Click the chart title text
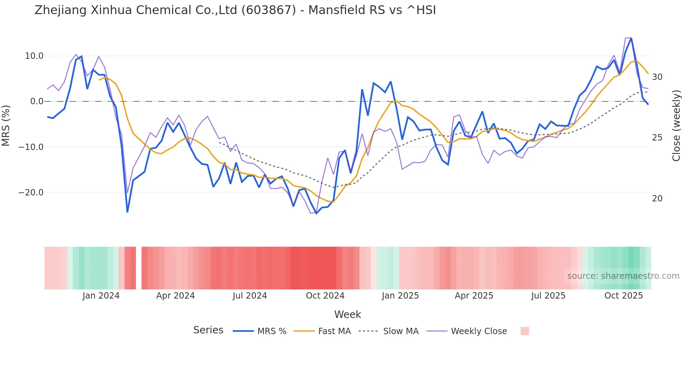coord(235,10)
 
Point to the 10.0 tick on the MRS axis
coord(34,56)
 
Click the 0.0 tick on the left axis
coord(37,101)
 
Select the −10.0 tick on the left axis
coord(31,147)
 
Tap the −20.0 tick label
coord(31,192)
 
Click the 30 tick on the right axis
coord(657,77)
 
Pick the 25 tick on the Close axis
coord(657,138)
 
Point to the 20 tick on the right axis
coord(657,199)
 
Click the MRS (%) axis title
coord(6,125)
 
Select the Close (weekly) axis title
coord(676,125)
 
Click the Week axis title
coord(347,314)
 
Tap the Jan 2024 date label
coord(101,296)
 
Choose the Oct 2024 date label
coord(325,296)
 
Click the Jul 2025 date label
coord(548,296)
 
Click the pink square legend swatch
coord(525,331)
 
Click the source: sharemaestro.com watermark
coord(623,276)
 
